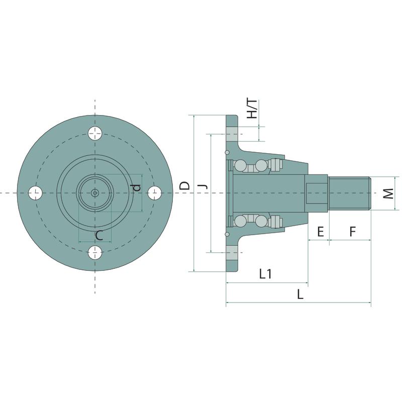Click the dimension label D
(x=184, y=185)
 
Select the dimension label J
(x=204, y=185)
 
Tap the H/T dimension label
(x=252, y=109)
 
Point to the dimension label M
(x=388, y=193)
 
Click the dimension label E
(x=321, y=232)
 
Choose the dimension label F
(x=353, y=232)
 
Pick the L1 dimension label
(x=265, y=274)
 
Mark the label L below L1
(x=300, y=294)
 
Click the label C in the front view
(x=99, y=235)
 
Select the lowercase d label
(x=137, y=187)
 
